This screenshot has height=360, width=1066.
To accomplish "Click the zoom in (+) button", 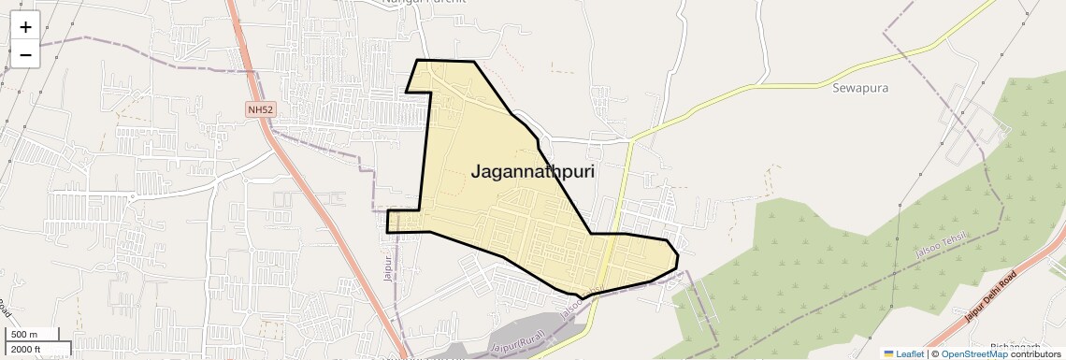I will tap(25, 27).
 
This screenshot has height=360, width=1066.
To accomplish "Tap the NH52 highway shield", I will tap(261, 110).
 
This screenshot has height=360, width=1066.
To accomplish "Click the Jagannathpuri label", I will tap(533, 172).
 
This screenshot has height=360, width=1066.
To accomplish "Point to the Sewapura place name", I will tap(859, 89).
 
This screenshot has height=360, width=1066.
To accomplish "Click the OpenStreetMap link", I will tap(973, 353).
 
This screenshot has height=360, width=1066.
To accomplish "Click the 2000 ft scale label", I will tap(25, 350).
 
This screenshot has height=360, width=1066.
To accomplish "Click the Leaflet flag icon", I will tap(888, 353).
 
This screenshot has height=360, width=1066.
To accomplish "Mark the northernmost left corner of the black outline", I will tap(417, 61).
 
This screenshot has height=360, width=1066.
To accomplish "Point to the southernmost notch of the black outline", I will tap(583, 298).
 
